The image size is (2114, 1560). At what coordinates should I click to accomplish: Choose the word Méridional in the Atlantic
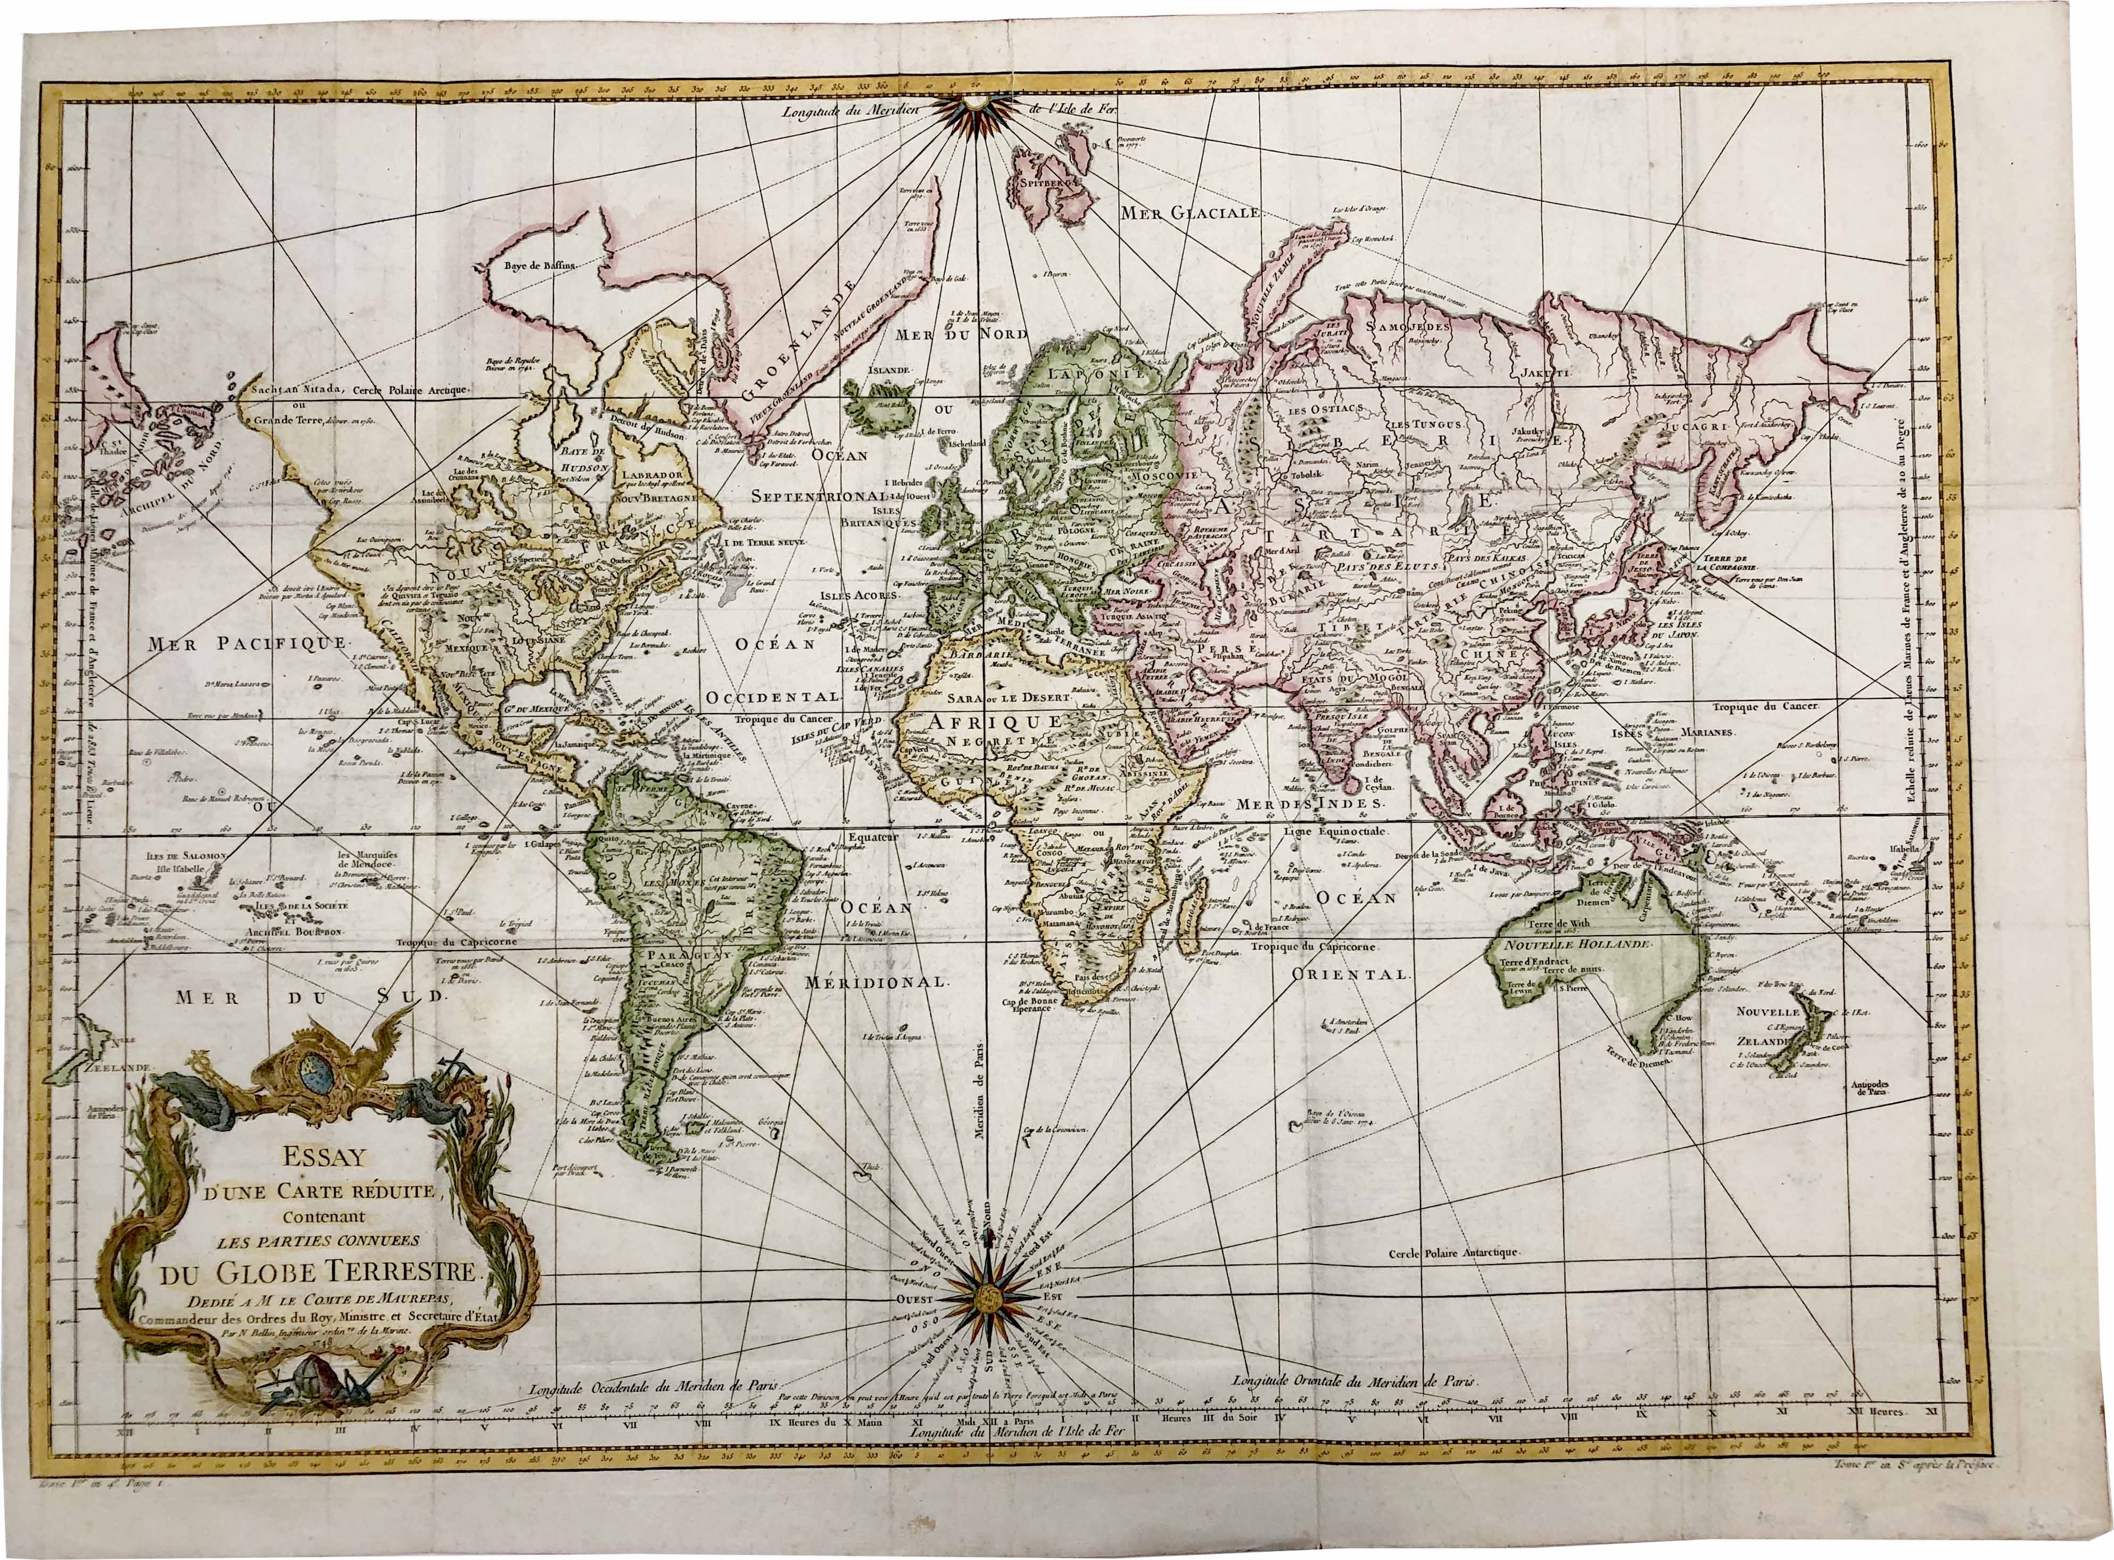876,982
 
